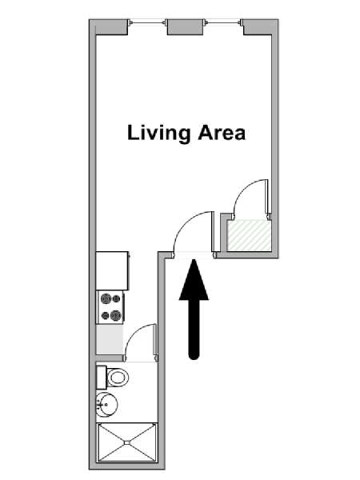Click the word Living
[x=159, y=134]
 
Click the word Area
[x=222, y=133]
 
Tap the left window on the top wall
[x=147, y=22]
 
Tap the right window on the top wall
[x=224, y=22]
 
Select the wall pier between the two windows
[x=186, y=27]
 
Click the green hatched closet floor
[x=249, y=235]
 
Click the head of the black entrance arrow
[x=194, y=281]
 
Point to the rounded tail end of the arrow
[x=194, y=355]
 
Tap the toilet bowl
[x=118, y=378]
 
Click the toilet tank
[x=102, y=378]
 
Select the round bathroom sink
[x=106, y=404]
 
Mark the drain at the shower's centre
[x=126, y=442]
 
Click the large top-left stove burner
[x=106, y=298]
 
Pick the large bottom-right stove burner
[x=116, y=315]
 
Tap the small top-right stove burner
[x=116, y=298]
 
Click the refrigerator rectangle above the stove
[x=112, y=270]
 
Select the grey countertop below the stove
[x=110, y=339]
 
